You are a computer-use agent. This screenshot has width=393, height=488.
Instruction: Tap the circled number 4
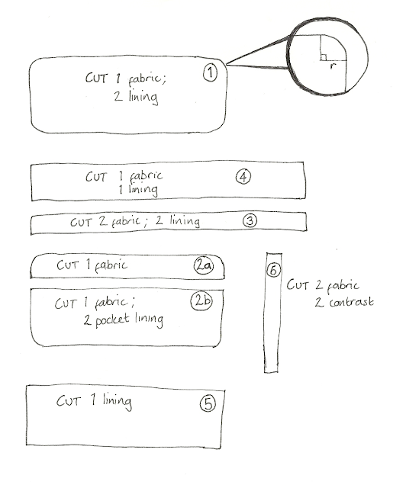click(242, 177)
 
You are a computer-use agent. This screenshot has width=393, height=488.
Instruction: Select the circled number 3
click(250, 220)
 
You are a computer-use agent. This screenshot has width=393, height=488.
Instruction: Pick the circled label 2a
click(203, 266)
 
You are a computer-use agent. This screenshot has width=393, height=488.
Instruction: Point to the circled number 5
click(205, 404)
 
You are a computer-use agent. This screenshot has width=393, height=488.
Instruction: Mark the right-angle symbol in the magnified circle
click(323, 57)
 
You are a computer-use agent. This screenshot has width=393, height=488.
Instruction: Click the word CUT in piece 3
click(82, 223)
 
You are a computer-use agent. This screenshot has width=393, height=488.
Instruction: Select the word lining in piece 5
click(114, 401)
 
